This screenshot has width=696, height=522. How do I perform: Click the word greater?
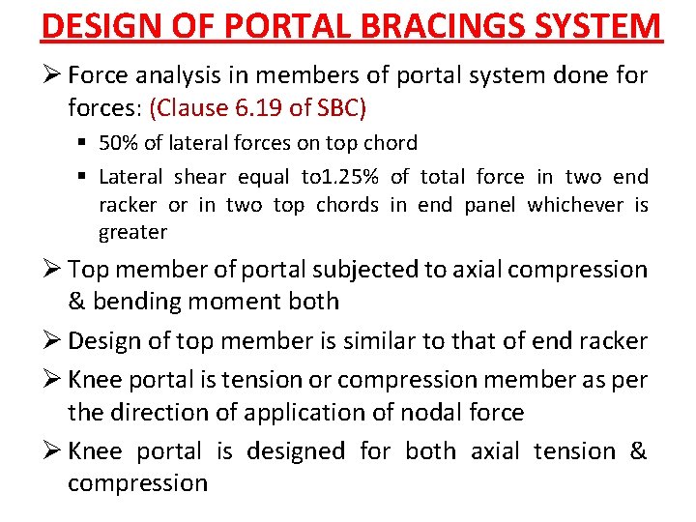pyautogui.click(x=132, y=232)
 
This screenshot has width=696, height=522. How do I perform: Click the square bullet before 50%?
pyautogui.click(x=84, y=143)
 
